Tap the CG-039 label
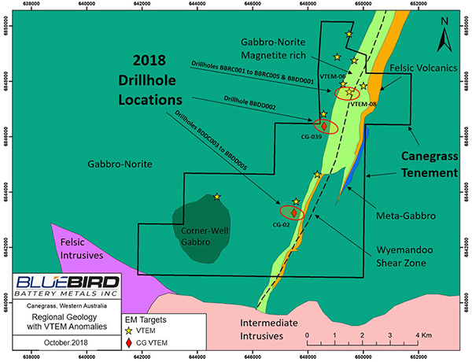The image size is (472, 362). click(x=313, y=137)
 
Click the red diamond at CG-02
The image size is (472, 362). click(x=293, y=212)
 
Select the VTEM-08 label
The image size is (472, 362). click(x=363, y=104)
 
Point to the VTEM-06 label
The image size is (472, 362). click(x=330, y=76)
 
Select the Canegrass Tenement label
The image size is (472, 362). click(x=426, y=164)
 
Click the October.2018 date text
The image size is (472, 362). click(x=68, y=343)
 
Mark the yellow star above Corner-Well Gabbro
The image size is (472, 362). click(x=217, y=197)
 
